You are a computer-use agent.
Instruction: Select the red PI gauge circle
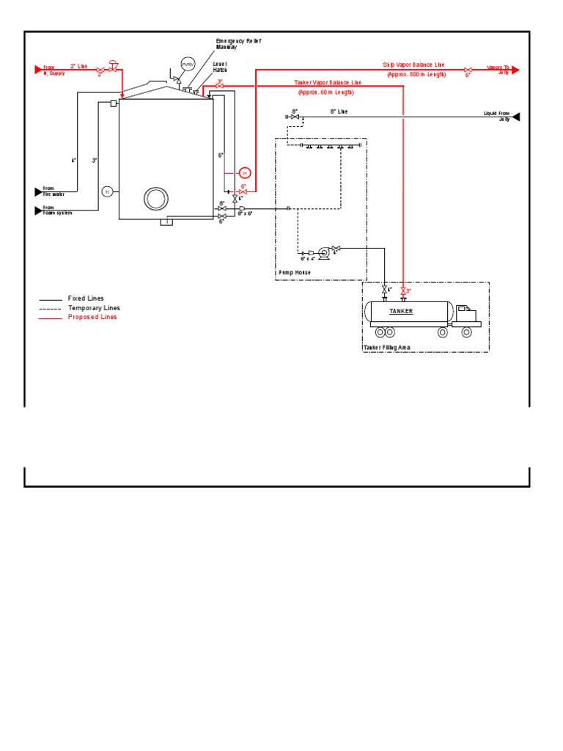[x=246, y=172]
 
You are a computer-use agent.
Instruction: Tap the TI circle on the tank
[x=107, y=191]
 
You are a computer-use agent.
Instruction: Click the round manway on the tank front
[x=156, y=198]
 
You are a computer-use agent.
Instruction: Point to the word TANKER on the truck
[x=401, y=311]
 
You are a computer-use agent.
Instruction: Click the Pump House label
[x=294, y=272]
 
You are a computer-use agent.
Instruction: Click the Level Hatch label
[x=221, y=67]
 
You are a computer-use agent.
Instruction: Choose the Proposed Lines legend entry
[x=92, y=317]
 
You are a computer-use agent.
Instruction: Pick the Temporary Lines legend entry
[x=94, y=308]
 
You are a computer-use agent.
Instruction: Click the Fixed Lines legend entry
[x=86, y=298]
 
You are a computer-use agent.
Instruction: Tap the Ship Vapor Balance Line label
[x=413, y=65]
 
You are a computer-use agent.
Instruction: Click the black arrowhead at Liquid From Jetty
[x=516, y=117]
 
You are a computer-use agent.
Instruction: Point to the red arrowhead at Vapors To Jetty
[x=515, y=70]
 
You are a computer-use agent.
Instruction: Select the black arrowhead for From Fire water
[x=39, y=192]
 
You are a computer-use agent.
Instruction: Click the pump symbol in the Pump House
[x=323, y=252]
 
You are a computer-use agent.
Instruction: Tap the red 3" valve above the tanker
[x=403, y=291]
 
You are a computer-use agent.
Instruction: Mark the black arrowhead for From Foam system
[x=39, y=211]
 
